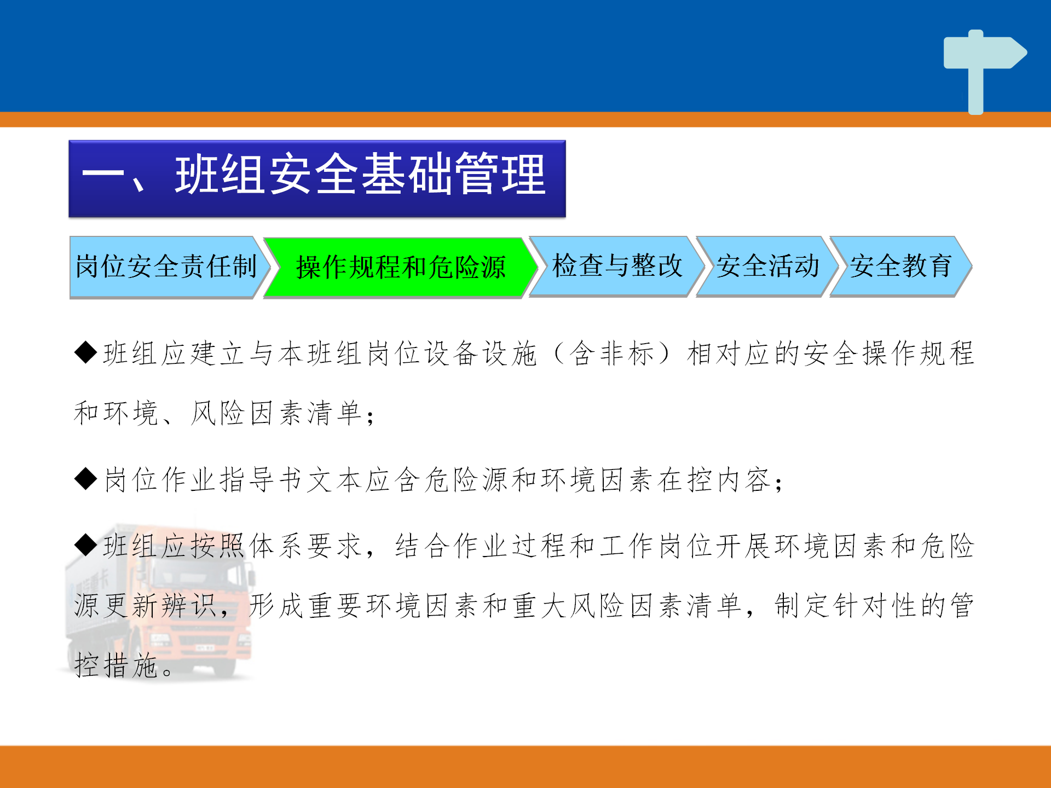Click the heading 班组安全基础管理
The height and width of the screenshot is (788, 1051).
pos(360,175)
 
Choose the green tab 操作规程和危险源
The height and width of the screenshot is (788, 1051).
pos(401,267)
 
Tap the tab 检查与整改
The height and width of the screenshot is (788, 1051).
pos(617,266)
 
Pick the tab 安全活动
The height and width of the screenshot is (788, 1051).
pos(767,266)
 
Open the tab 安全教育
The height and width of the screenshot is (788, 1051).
pos(901,266)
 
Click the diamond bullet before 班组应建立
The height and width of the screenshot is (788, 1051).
pos(86,352)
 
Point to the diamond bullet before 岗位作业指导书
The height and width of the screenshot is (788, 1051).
pos(86,478)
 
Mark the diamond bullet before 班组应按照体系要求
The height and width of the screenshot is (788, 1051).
pos(86,544)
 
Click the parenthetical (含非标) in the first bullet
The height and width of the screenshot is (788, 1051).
pos(611,353)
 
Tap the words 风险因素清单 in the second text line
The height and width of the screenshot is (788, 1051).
pos(276,413)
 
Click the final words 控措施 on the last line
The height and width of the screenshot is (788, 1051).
pos(116,665)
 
